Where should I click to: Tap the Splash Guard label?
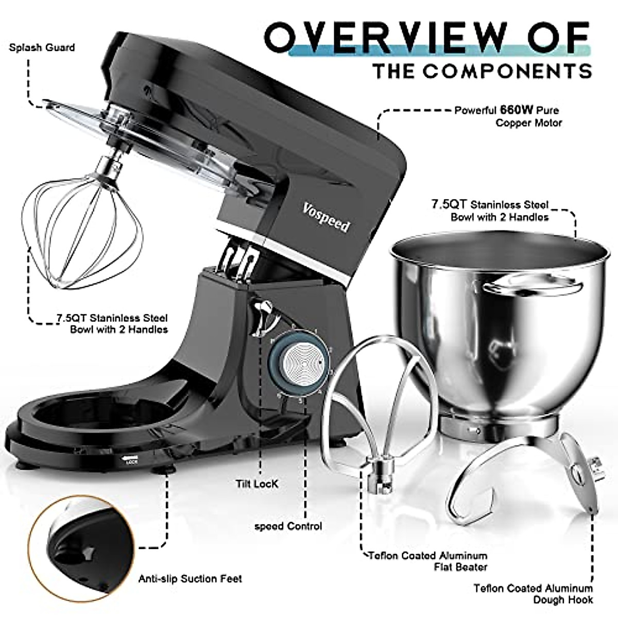click(42, 47)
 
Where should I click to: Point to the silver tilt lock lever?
click(263, 315)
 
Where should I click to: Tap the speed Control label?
click(288, 526)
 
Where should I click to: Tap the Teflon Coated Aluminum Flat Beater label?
click(427, 561)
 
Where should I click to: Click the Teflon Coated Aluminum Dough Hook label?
click(533, 594)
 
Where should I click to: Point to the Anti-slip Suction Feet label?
click(190, 579)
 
